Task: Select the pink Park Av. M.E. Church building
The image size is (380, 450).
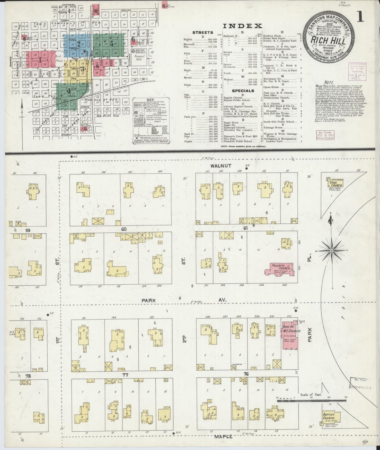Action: tap(289, 335)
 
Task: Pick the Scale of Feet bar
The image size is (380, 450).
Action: tap(312, 401)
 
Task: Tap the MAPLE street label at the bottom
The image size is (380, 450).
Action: tap(223, 437)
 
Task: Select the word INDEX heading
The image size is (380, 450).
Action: tap(242, 26)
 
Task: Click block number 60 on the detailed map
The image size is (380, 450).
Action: tap(124, 229)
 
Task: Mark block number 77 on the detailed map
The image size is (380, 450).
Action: tap(125, 375)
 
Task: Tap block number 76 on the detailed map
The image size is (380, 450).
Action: tap(246, 374)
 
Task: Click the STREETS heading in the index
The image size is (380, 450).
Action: tap(203, 33)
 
